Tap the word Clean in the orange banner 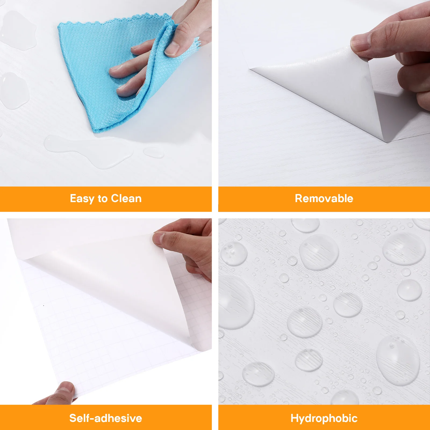pyautogui.click(x=126, y=198)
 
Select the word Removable pyautogui.click(x=324, y=198)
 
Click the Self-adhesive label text pyautogui.click(x=106, y=418)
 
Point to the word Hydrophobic pyautogui.click(x=324, y=418)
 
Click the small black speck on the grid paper pyautogui.click(x=44, y=306)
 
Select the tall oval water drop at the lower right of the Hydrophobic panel pyautogui.click(x=398, y=360)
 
